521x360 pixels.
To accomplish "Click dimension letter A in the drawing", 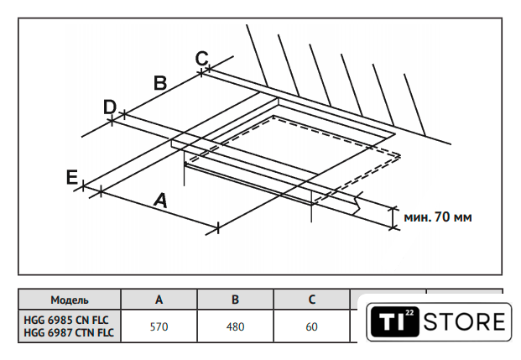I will tap(160, 201).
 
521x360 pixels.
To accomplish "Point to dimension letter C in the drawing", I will tap(201, 58).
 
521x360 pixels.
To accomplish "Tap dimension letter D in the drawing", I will tap(109, 107).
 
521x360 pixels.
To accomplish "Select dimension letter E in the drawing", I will tap(72, 177).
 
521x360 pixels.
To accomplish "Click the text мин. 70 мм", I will tap(437, 217).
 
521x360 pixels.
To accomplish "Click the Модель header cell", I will tap(70, 300).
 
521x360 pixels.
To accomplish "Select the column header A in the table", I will tap(159, 300).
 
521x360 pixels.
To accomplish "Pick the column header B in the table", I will tap(235, 300).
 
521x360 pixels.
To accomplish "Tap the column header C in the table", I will tap(311, 300).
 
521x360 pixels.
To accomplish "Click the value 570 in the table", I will tap(159, 326).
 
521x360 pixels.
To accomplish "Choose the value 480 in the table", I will tap(235, 326).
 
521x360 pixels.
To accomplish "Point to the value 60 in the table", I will tap(311, 326).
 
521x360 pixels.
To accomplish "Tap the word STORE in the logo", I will tap(464, 321).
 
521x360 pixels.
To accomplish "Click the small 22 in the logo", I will tap(409, 312).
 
